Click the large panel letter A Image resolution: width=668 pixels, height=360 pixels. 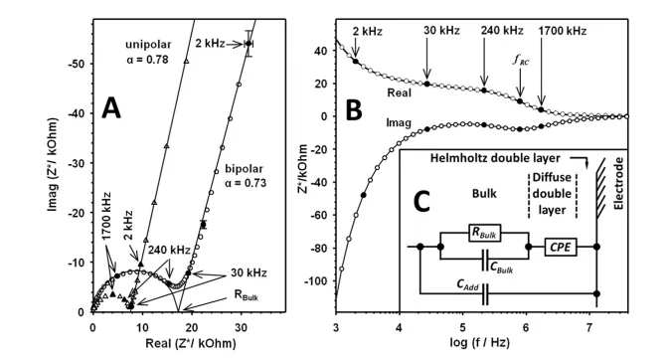click(111, 108)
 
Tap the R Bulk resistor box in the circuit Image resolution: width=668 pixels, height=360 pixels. click(485, 233)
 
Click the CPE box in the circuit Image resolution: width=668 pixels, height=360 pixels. click(561, 247)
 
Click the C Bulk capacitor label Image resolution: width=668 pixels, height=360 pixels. click(501, 268)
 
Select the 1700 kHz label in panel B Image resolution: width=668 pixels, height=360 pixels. click(563, 31)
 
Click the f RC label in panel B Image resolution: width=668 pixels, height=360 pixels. click(521, 60)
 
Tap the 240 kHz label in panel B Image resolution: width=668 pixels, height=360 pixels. click(502, 31)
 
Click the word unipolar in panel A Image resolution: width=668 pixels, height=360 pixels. click(148, 45)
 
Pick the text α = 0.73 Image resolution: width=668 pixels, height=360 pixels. click(246, 183)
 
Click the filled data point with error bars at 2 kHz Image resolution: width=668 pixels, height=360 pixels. click(249, 44)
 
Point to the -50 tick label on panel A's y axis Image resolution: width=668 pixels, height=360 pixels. click(78, 64)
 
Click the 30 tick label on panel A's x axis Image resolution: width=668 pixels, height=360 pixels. click(242, 328)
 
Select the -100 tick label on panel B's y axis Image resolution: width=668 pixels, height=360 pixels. click(317, 281)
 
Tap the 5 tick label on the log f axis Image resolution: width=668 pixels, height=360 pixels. click(462, 328)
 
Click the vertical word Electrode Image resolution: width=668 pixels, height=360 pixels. click(619, 184)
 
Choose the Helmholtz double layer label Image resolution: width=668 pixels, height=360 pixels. click(495, 158)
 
